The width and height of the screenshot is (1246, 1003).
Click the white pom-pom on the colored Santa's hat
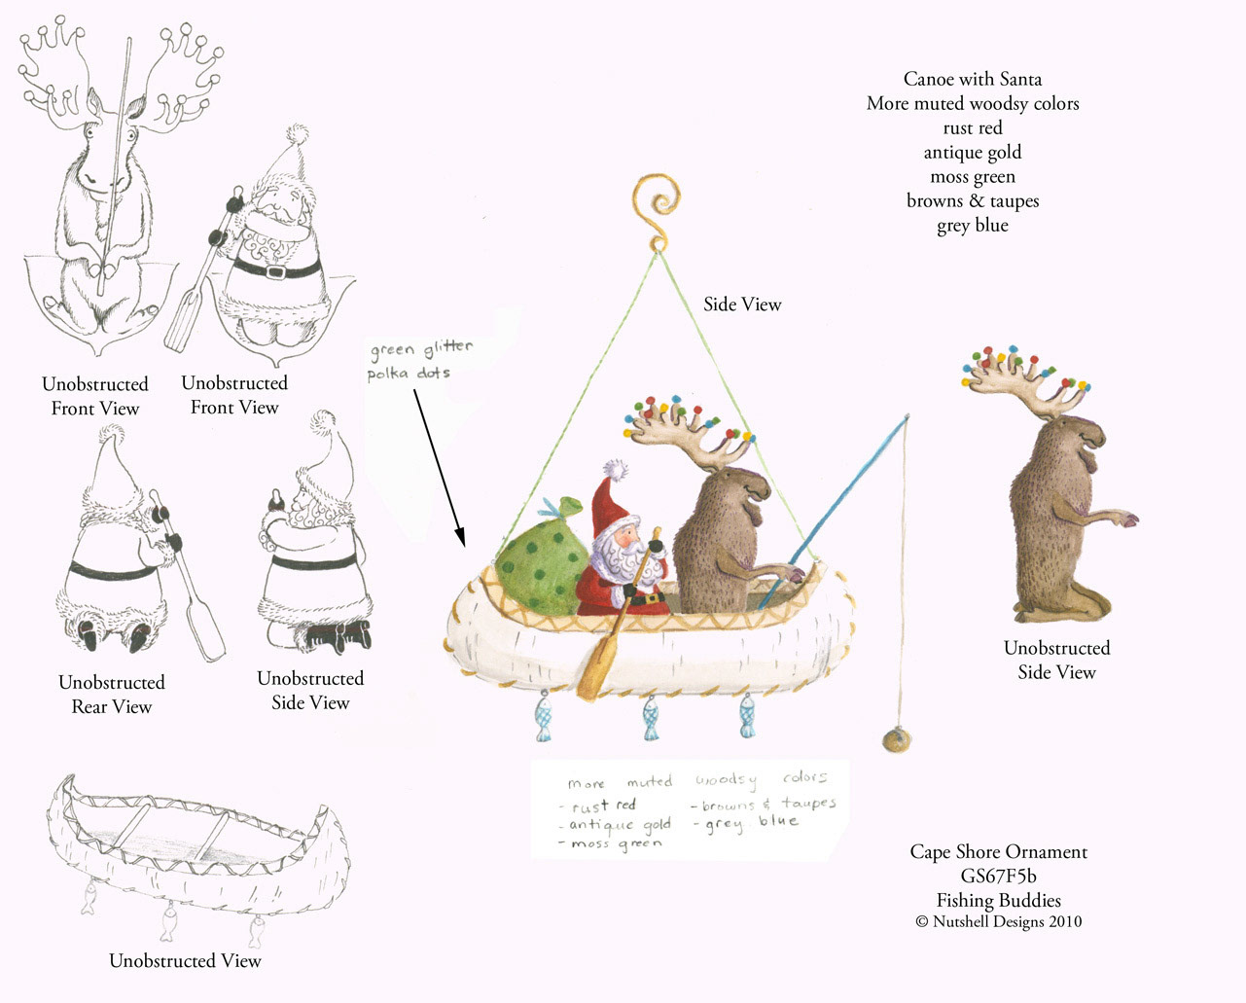tap(616, 469)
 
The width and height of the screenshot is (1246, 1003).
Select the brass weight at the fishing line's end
tap(897, 739)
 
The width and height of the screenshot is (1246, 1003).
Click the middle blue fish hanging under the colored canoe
tap(652, 719)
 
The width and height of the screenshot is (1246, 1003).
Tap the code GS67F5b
tap(998, 876)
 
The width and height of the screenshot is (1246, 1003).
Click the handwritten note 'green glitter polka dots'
tap(421, 360)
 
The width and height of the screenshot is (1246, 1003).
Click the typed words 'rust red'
tap(972, 127)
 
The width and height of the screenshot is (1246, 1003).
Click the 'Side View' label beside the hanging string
tap(742, 304)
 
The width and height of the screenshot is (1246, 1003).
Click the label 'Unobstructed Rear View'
tap(112, 694)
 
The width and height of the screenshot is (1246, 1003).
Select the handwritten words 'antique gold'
tap(620, 824)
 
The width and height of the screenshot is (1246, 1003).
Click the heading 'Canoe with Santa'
tap(973, 79)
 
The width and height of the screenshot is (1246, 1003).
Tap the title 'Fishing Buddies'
tap(999, 900)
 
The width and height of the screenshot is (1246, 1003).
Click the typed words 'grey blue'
tap(973, 225)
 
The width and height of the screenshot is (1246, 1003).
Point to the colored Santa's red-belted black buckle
tap(655, 597)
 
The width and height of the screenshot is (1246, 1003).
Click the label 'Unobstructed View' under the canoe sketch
tap(185, 961)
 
